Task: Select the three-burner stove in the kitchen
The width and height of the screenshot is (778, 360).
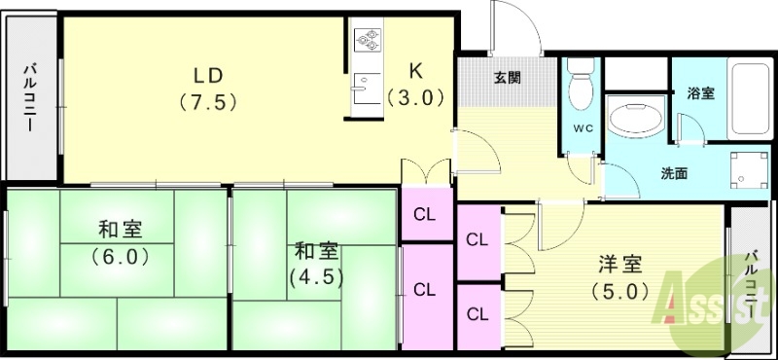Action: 370,40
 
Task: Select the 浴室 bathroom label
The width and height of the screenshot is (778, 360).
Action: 701,93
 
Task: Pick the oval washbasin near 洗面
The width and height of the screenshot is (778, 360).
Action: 636,121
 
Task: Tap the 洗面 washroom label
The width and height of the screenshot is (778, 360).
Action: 675,174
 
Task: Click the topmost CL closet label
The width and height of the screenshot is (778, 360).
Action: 425,215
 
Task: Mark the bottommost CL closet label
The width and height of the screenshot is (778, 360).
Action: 477,313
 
